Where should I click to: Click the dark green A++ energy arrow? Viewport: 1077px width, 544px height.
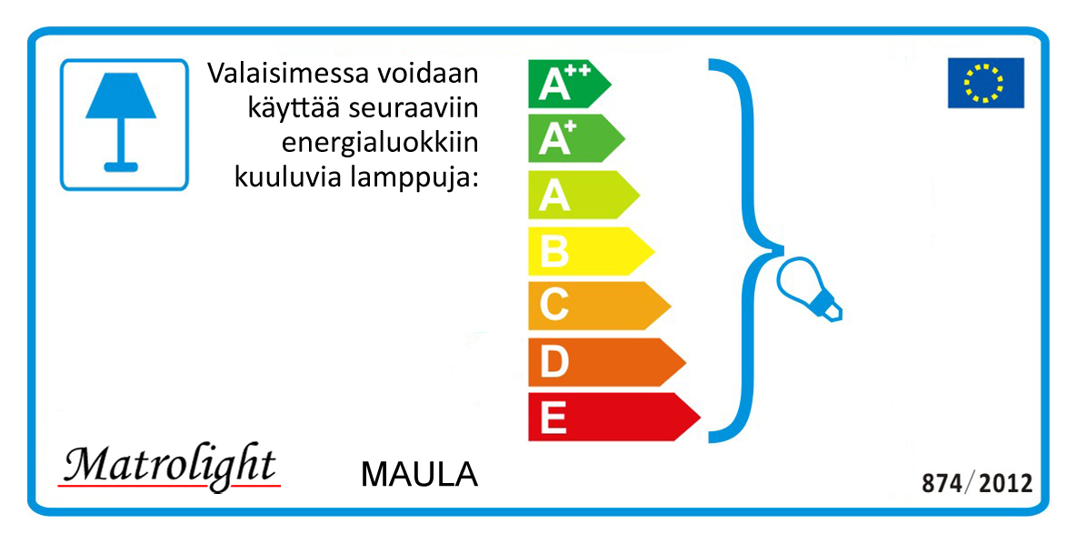(569, 84)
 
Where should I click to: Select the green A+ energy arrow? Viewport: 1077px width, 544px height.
(575, 139)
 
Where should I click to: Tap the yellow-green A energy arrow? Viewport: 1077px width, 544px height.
(583, 195)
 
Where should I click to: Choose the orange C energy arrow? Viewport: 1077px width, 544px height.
(598, 306)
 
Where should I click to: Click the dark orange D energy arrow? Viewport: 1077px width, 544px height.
(606, 362)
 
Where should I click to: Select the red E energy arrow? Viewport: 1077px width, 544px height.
(613, 417)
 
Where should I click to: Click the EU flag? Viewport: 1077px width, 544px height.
(985, 83)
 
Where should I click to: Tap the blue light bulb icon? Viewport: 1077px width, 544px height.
(809, 289)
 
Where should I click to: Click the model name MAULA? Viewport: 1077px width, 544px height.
(419, 475)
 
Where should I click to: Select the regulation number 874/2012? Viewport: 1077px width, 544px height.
(977, 483)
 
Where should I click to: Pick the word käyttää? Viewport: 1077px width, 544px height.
(295, 108)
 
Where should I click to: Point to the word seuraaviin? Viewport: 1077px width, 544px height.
(414, 108)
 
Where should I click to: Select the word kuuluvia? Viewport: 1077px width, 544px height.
(289, 176)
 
